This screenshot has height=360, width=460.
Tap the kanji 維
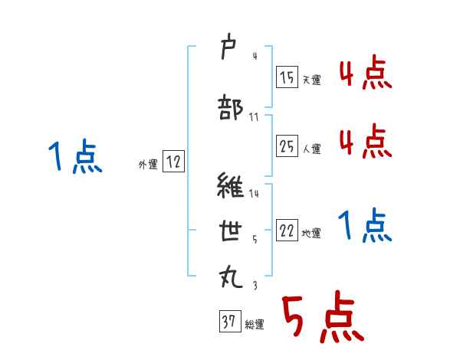click(231, 186)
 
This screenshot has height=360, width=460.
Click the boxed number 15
click(287, 77)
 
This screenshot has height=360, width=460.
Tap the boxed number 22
click(287, 232)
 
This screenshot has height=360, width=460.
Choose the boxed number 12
click(173, 161)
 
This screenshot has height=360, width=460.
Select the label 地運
click(310, 234)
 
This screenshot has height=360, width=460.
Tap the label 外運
click(147, 163)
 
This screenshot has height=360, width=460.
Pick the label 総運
click(254, 325)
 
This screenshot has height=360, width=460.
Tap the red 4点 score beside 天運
click(365, 74)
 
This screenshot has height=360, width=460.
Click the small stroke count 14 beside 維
click(254, 195)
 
